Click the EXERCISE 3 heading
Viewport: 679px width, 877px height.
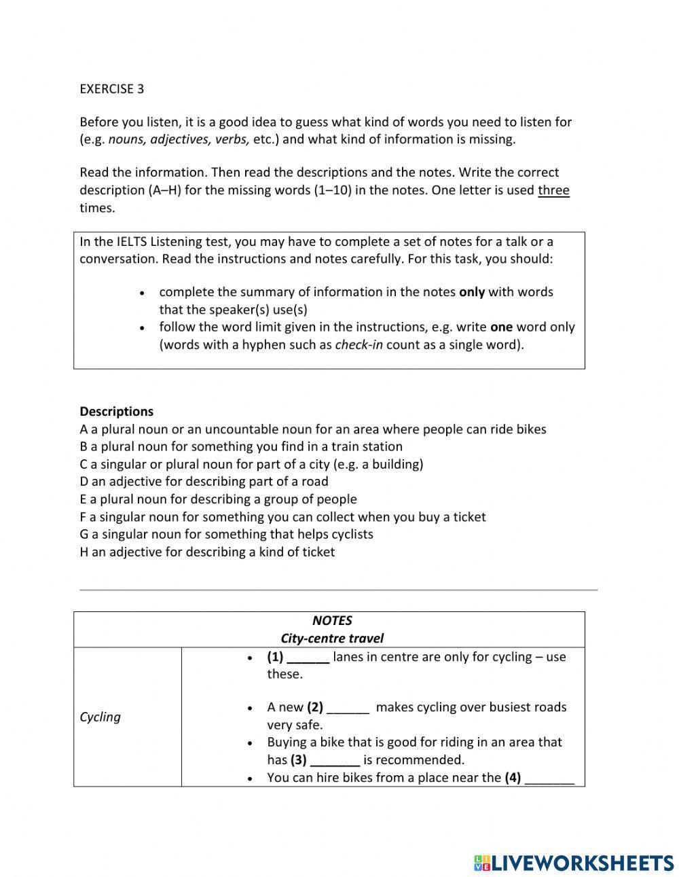pyautogui.click(x=111, y=89)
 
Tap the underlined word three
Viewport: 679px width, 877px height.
pyautogui.click(x=553, y=190)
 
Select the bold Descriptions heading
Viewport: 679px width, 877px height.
pyautogui.click(x=116, y=411)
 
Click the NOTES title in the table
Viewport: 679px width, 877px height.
pyautogui.click(x=332, y=620)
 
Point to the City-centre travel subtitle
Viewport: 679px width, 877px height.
pyautogui.click(x=332, y=638)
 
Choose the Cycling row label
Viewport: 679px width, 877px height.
pyautogui.click(x=100, y=717)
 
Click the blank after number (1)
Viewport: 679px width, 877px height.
pyautogui.click(x=308, y=658)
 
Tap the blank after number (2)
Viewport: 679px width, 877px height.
pyautogui.click(x=348, y=708)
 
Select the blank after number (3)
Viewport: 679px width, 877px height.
pyautogui.click(x=335, y=760)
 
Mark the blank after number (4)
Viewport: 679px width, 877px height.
pyautogui.click(x=549, y=778)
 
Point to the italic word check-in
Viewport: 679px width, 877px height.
pyautogui.click(x=359, y=344)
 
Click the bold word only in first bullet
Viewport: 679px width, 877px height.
pyautogui.click(x=472, y=292)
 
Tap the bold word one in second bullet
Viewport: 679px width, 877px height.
pyautogui.click(x=501, y=327)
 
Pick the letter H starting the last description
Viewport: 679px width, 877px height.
pyautogui.click(x=84, y=552)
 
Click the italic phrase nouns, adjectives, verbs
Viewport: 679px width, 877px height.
pyautogui.click(x=179, y=139)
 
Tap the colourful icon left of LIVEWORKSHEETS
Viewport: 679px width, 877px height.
pyautogui.click(x=482, y=863)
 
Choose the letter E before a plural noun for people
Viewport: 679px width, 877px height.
pyautogui.click(x=84, y=499)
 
